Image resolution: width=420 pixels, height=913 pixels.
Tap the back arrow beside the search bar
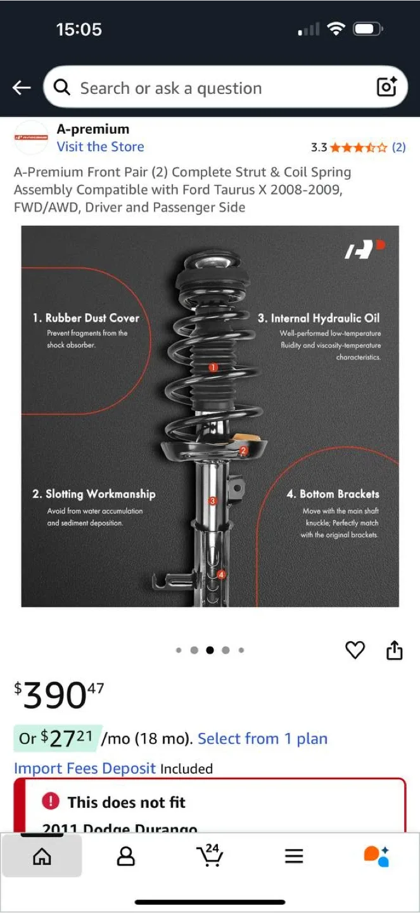[22, 87]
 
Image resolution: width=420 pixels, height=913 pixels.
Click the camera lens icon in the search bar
[386, 87]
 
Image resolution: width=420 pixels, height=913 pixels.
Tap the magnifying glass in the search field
[62, 87]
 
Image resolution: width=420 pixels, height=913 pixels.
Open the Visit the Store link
[100, 146]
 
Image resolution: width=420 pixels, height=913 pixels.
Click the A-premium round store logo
[31, 138]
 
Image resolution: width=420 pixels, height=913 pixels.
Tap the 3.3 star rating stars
[358, 148]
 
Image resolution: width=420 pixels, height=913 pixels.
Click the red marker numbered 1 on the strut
[213, 367]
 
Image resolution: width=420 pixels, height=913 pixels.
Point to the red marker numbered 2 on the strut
[243, 451]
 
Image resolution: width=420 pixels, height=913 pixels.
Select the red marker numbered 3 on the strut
[213, 501]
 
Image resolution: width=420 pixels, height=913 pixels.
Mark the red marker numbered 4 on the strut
[221, 574]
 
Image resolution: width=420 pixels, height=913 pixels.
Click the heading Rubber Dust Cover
[86, 318]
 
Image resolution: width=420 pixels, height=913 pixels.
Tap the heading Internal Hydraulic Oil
[319, 318]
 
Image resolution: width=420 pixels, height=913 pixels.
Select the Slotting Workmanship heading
[94, 494]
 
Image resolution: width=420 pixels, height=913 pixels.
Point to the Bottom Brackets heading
[333, 494]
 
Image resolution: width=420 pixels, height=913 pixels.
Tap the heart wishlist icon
[355, 650]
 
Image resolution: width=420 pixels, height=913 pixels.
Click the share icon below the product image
[394, 650]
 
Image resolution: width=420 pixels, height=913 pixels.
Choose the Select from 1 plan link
[262, 739]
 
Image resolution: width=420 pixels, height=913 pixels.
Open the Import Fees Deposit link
[85, 768]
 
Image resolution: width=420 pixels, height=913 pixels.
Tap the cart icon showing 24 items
[210, 855]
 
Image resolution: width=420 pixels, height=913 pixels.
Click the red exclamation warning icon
[50, 802]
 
